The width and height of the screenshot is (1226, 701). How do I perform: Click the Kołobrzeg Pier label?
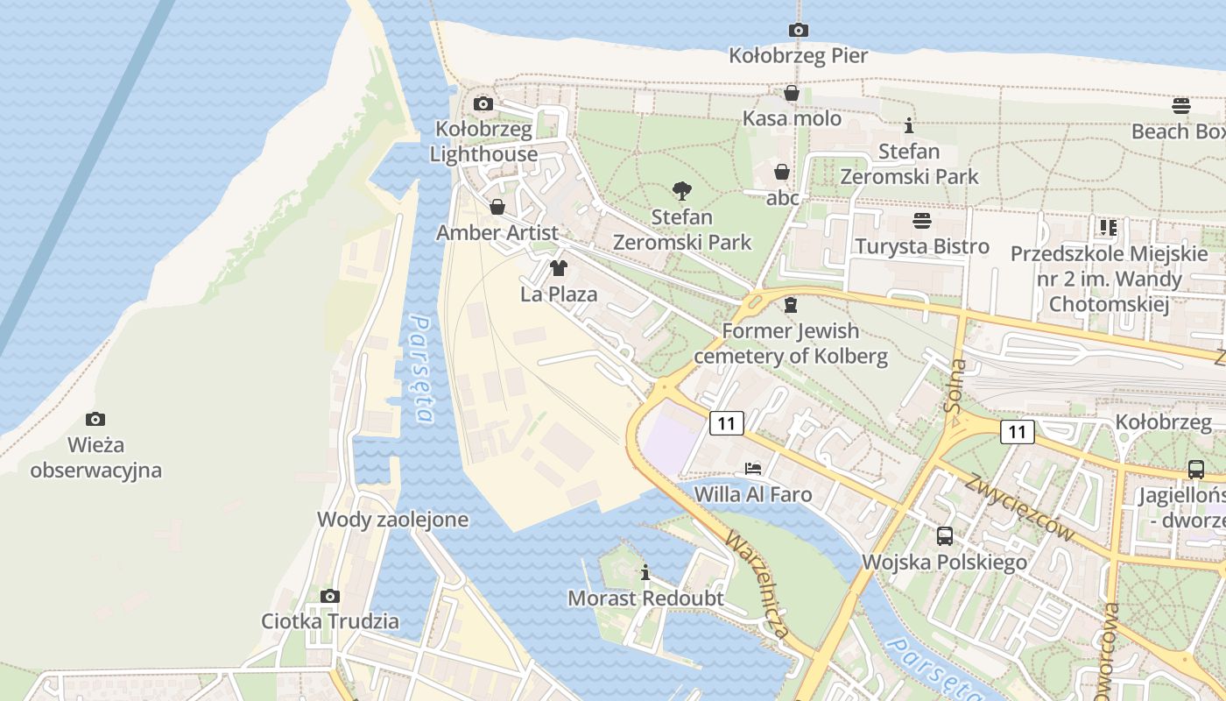point(798,56)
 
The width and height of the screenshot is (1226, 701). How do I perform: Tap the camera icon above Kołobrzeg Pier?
point(798,30)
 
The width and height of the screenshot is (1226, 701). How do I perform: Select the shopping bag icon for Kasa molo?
point(792,93)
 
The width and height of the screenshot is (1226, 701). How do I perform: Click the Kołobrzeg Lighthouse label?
point(483,142)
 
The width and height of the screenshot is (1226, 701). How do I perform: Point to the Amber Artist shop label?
point(497,233)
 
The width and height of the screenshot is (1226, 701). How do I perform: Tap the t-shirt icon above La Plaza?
point(559,268)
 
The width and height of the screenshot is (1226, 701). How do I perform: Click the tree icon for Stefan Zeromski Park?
point(681,190)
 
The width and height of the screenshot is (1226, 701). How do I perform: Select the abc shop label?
point(783,198)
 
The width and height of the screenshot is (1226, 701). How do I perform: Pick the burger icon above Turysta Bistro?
point(921,220)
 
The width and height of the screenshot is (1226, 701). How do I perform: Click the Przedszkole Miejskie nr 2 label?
point(1109,280)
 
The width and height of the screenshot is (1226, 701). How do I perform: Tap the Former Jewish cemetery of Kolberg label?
point(791,344)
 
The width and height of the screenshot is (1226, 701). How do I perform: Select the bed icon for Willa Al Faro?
point(752,469)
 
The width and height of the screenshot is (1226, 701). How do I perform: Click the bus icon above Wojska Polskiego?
point(944,535)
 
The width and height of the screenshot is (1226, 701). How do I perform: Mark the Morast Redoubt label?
point(645,598)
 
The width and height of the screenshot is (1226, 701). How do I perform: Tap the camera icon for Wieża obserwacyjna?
point(95,419)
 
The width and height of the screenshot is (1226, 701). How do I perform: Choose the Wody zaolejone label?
point(392,520)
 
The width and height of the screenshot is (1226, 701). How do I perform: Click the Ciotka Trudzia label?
point(330,622)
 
